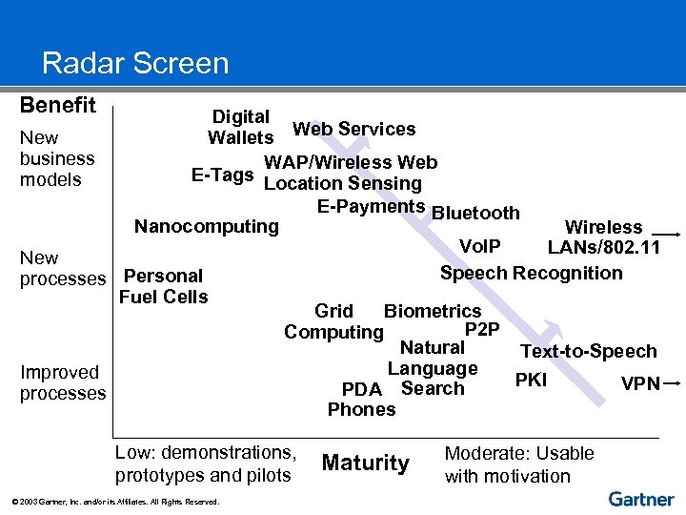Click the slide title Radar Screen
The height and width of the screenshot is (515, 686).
click(135, 64)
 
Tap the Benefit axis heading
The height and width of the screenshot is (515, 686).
click(58, 105)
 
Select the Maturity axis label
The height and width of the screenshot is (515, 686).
click(365, 463)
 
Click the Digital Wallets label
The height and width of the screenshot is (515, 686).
click(240, 127)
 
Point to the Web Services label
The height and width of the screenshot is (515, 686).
click(353, 129)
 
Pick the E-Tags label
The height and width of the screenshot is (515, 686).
click(222, 175)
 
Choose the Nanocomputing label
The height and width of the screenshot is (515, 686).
click(207, 227)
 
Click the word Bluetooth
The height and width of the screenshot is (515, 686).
click(475, 213)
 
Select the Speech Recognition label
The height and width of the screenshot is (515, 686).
click(531, 273)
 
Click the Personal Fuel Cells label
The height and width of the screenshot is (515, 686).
click(163, 286)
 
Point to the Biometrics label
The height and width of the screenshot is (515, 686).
click(432, 311)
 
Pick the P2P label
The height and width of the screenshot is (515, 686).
click(481, 330)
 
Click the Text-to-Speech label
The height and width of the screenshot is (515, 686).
click(588, 351)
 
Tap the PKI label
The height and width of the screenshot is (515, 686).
click(531, 380)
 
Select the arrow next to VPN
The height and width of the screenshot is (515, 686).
click(673, 382)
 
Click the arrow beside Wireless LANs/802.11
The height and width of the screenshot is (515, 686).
click(666, 233)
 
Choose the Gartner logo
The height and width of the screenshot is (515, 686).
click(640, 499)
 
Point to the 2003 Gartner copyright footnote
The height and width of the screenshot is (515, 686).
click(114, 502)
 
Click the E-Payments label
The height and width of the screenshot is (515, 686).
click(371, 207)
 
